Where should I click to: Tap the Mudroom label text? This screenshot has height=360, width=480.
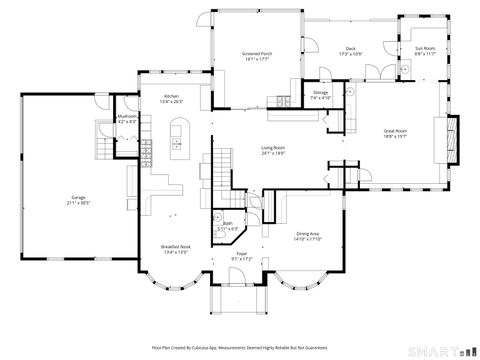pos(127,116)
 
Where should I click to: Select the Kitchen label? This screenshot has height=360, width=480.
pos(172,96)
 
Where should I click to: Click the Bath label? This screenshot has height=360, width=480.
pos(228,223)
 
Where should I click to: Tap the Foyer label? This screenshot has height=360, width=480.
pos(242,254)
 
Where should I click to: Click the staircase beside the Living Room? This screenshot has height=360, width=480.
pos(219,169)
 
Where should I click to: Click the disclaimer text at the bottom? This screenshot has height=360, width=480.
pos(240,347)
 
